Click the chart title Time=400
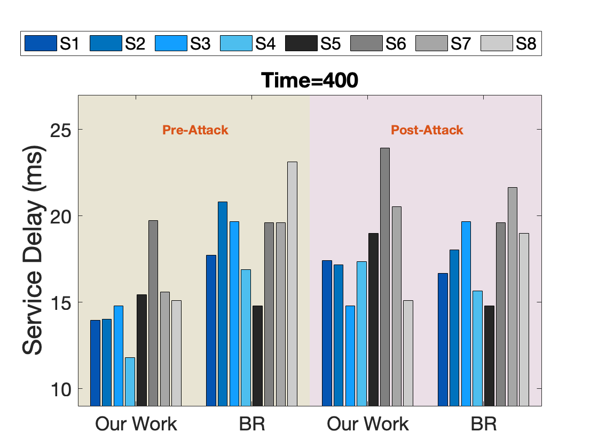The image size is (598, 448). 309,81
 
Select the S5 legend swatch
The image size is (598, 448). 301,43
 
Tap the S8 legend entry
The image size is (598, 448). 509,43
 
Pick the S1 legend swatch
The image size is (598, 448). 41,43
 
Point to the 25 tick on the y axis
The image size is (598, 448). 61,130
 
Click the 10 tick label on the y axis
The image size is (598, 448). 61,389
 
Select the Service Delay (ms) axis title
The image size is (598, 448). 34,250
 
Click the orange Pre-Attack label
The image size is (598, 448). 195,130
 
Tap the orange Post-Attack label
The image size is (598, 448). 427,130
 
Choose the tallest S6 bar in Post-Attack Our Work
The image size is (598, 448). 385,277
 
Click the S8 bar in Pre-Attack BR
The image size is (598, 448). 292,284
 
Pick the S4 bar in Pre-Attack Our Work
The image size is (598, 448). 130,382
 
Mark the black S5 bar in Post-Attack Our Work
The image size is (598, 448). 373,319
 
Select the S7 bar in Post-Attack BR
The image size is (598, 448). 513,297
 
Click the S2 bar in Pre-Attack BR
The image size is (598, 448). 223,304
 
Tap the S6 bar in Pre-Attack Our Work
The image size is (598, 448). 153,313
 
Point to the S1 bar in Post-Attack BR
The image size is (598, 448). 443,340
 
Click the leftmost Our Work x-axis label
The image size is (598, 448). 136,424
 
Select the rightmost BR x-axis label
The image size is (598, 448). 484,424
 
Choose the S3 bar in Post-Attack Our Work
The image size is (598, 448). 350,356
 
